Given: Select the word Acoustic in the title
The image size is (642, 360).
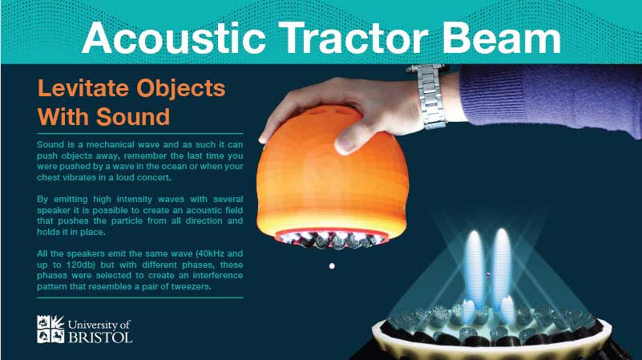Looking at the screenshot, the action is tap(174, 38).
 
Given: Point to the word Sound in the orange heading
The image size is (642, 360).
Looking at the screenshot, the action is tap(133, 117).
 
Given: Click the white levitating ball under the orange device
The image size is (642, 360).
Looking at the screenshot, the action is tap(332, 266).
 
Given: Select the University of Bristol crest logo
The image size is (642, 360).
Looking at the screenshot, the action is tap(50, 329).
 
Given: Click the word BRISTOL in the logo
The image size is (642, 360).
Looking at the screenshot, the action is tap(100, 337).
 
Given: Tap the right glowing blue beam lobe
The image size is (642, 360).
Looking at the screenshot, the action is tap(502, 266).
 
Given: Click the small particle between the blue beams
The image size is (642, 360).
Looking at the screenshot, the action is tap(487, 274).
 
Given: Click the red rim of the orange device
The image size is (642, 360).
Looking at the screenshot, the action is tap(331, 232).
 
